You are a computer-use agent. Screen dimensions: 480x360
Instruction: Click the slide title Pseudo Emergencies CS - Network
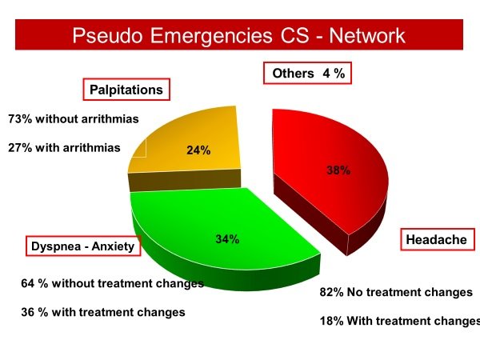(238, 35)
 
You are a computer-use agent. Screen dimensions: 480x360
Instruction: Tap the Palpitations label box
(126, 90)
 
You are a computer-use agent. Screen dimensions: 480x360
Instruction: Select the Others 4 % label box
(308, 73)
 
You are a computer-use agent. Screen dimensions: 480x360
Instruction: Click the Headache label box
(438, 239)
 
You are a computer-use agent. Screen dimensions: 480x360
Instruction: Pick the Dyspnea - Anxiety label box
(83, 246)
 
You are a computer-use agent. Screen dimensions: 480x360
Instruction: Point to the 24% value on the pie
(198, 150)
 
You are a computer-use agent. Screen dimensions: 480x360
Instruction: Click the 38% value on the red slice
(338, 170)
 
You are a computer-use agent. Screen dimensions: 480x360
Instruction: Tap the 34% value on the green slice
(227, 239)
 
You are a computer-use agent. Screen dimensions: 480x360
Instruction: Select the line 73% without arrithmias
(74, 118)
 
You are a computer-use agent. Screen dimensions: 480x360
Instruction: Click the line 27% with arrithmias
(64, 147)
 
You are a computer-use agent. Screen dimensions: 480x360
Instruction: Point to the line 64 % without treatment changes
(112, 283)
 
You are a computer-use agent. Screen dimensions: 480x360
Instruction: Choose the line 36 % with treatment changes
(103, 312)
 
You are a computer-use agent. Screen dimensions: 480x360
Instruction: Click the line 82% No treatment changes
(396, 292)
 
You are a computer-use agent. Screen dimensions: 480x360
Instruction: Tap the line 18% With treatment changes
(400, 321)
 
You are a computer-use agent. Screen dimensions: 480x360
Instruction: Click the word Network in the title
(367, 35)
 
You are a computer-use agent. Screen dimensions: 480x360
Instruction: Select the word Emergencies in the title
(211, 36)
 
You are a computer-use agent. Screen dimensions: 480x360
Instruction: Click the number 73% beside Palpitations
(20, 118)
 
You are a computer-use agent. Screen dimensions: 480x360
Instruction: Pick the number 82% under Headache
(331, 292)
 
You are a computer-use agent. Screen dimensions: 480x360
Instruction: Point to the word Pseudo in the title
(107, 35)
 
